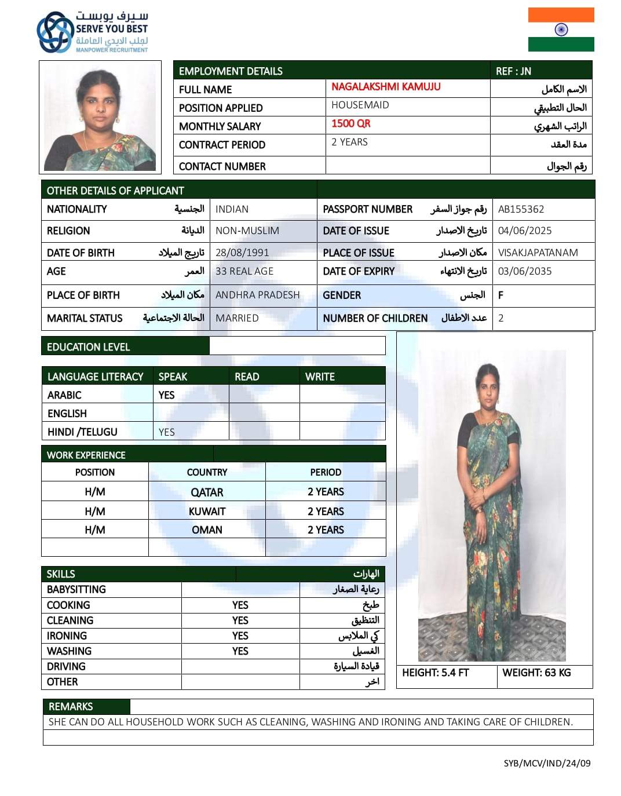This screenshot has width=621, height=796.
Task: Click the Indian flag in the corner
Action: (x=561, y=30)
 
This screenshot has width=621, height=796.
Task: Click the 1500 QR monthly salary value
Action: (x=350, y=123)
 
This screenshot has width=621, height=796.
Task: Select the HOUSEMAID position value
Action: (x=360, y=105)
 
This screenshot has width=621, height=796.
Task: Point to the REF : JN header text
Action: (x=513, y=71)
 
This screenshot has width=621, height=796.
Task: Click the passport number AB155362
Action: (x=521, y=209)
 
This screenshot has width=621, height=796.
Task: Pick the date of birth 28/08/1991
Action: (x=242, y=253)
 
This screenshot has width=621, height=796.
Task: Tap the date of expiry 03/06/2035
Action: (x=525, y=271)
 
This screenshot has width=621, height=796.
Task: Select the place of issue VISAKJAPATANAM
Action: (x=538, y=253)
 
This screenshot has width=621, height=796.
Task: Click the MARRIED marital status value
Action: (x=237, y=318)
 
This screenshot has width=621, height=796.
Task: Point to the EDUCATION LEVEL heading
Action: (x=88, y=347)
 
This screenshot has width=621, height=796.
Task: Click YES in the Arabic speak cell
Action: (x=166, y=395)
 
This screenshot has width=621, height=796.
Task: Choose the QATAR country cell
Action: (x=207, y=492)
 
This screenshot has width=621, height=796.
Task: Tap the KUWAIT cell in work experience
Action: (x=207, y=512)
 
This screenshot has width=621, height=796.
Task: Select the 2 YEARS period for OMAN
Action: (x=326, y=530)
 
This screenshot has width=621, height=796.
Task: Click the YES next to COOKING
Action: (x=240, y=605)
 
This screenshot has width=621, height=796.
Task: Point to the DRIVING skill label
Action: (x=66, y=667)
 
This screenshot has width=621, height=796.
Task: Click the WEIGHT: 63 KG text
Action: (x=536, y=673)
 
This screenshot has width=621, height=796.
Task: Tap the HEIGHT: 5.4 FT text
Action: (x=435, y=673)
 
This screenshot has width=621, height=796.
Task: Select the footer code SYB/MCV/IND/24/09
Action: (x=547, y=763)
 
